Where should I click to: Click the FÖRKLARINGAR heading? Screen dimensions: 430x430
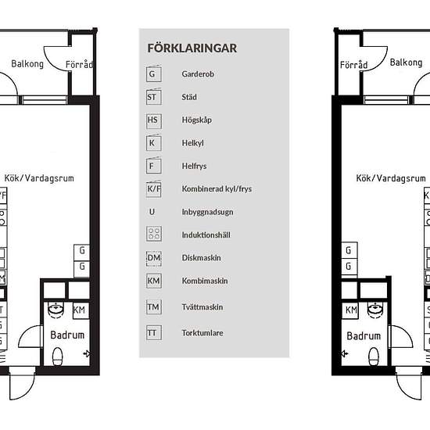[192, 48]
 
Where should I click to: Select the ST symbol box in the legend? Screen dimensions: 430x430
[153, 97]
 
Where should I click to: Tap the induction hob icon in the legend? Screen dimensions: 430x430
[154, 234]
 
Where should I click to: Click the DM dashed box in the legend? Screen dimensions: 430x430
[154, 258]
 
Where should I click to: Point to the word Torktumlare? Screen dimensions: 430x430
[202, 333]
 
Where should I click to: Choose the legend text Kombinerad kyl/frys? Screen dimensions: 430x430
[217, 189]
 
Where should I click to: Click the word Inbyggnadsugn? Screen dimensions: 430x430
[208, 212]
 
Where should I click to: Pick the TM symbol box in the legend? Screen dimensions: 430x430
[154, 307]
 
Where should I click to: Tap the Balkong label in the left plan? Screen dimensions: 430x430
[27, 64]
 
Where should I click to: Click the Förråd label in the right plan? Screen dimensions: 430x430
[353, 65]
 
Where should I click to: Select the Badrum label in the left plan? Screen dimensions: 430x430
[67, 335]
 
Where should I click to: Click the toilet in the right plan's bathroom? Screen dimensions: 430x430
[374, 356]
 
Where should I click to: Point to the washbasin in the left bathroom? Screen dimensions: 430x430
[56, 309]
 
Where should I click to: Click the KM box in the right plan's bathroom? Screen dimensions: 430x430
[350, 310]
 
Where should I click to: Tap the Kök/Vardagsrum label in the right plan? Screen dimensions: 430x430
[391, 178]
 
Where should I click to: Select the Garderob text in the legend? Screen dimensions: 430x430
[198, 74]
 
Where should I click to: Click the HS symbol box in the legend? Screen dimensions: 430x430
[154, 120]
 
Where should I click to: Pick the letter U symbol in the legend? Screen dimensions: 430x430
[152, 212]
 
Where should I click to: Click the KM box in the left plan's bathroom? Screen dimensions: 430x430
[81, 310]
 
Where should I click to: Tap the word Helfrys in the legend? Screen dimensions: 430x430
[194, 166]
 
